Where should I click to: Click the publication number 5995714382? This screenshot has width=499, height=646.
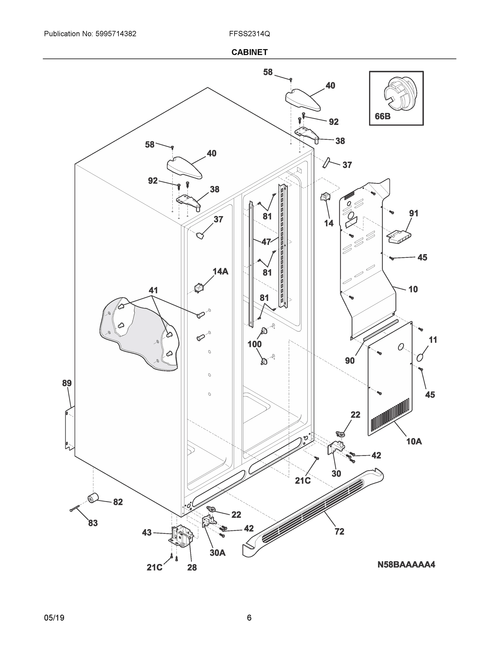pos(116,34)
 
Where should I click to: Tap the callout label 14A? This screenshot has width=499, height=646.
pos(220,271)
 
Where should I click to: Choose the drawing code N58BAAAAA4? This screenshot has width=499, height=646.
pos(406,564)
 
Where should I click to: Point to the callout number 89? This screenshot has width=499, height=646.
pos(67,383)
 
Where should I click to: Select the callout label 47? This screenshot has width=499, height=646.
pos(266,242)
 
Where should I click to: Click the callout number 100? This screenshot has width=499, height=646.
pos(254,344)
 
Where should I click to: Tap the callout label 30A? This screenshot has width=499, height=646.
pos(217,553)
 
